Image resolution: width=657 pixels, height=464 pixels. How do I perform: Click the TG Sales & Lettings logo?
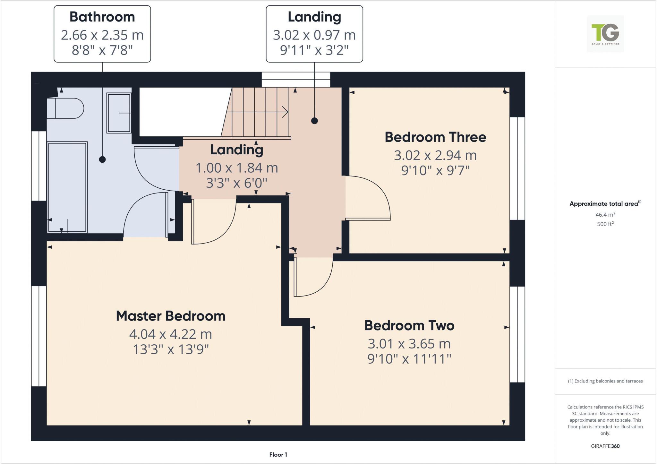[605, 34]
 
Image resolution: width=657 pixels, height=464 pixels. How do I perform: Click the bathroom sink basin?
[118, 113]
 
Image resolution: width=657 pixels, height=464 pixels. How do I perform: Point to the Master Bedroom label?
[170, 316]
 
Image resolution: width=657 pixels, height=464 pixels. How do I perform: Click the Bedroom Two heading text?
[409, 325]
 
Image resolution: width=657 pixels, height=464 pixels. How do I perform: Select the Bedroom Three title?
[435, 137]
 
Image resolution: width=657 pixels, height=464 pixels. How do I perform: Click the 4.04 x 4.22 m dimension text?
[170, 334]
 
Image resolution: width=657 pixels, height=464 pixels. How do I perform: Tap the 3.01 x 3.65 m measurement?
[409, 344]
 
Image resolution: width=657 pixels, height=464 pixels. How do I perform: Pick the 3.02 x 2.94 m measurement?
[435, 155]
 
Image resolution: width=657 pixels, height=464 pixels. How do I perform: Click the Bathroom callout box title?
[102, 17]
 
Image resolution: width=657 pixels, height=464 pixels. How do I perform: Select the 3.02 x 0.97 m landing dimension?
[314, 35]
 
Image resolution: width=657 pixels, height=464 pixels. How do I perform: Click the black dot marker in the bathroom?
[102, 159]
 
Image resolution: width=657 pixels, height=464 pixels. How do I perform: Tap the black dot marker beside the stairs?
[314, 121]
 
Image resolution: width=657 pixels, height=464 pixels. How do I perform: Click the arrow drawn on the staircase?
[257, 112]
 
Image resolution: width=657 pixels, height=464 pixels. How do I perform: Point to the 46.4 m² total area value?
[605, 214]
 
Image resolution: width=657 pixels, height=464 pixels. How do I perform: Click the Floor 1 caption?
[278, 454]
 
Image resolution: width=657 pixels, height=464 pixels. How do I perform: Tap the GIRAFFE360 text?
[605, 446]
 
